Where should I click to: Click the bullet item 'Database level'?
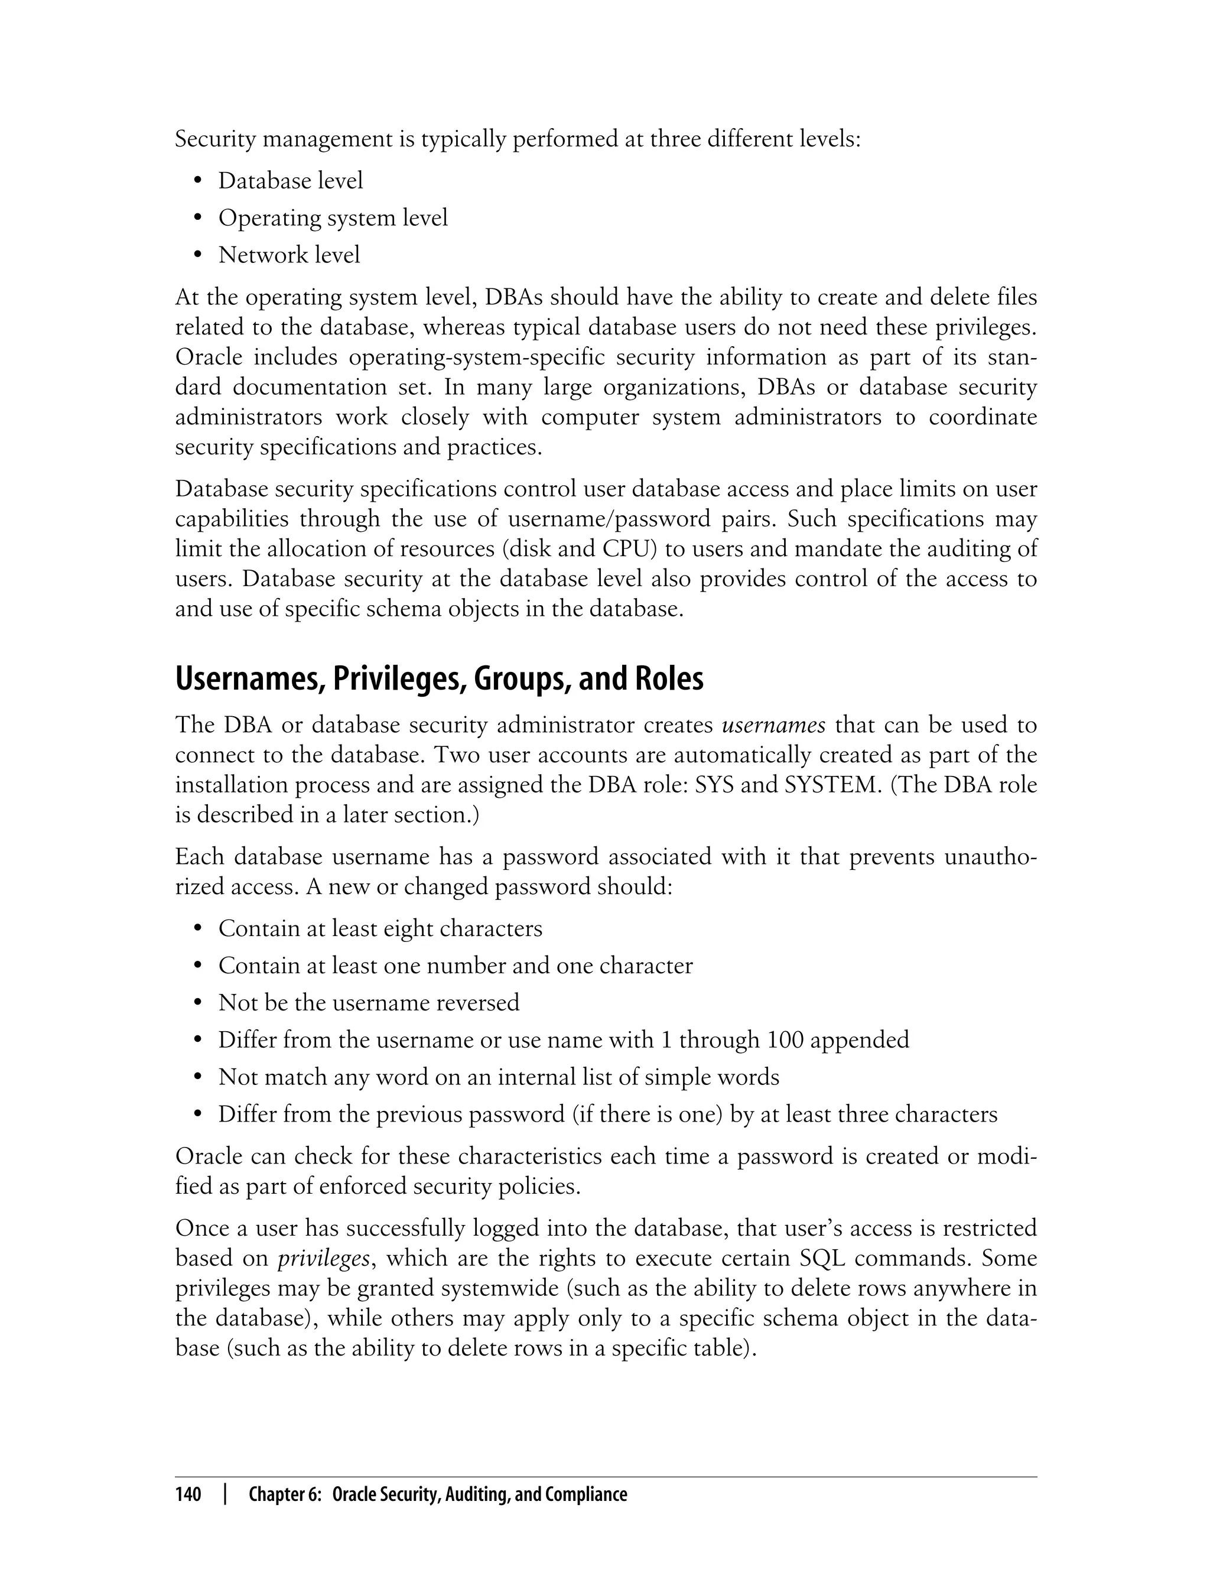[x=290, y=181]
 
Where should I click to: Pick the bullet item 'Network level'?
[x=289, y=255]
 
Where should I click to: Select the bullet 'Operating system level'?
[x=333, y=217]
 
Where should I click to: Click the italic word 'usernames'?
[x=773, y=725]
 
